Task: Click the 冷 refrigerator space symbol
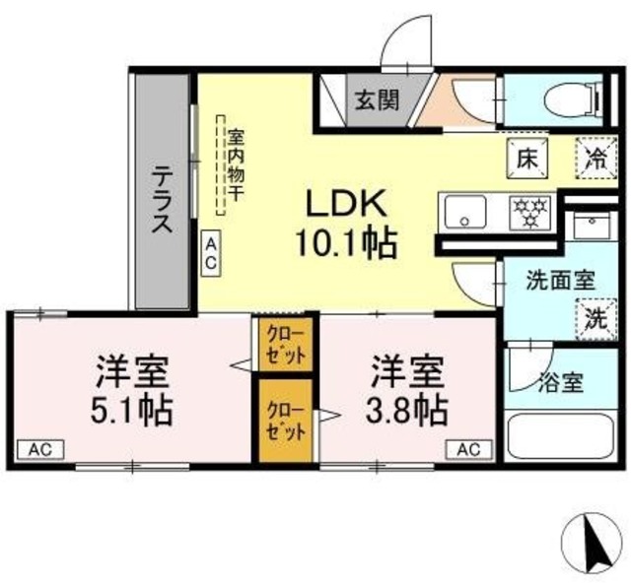tap(596, 158)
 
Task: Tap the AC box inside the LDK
tap(212, 255)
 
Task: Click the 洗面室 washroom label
tap(560, 280)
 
